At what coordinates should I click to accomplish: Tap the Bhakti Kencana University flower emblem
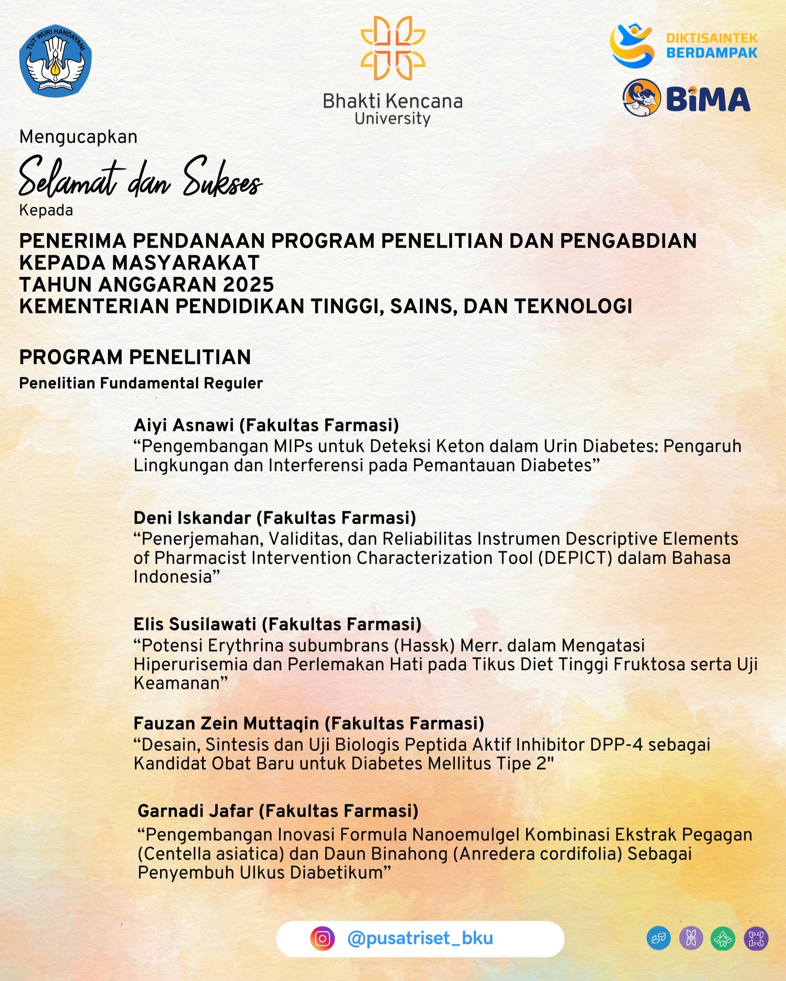[x=392, y=48]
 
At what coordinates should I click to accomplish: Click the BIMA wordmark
[x=708, y=99]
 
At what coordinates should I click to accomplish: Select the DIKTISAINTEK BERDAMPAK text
[x=712, y=45]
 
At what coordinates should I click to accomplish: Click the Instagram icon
[x=323, y=938]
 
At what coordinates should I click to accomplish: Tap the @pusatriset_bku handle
[x=420, y=938]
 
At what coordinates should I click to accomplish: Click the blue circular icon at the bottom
[x=658, y=938]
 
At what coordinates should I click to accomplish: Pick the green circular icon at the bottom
[x=723, y=938]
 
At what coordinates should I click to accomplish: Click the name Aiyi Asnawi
[x=184, y=425]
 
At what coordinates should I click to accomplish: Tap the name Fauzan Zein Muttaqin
[x=226, y=723]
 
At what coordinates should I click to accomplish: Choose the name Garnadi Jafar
[x=195, y=811]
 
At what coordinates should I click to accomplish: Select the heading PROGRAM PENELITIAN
[x=135, y=357]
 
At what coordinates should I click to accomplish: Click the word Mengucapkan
[x=78, y=136]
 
